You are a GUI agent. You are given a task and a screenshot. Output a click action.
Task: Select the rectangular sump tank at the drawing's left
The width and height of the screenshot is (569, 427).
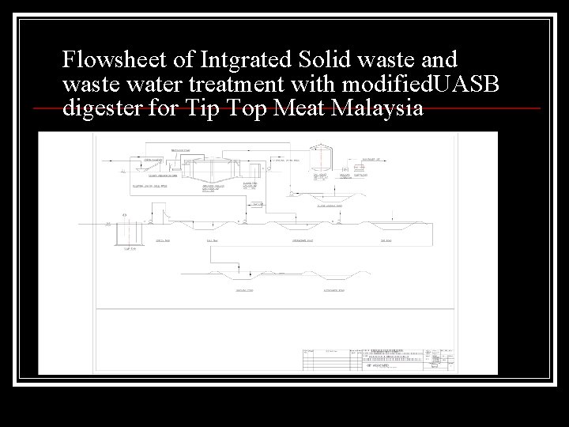129,233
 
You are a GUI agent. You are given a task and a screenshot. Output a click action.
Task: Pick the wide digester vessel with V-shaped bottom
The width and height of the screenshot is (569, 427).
213,173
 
